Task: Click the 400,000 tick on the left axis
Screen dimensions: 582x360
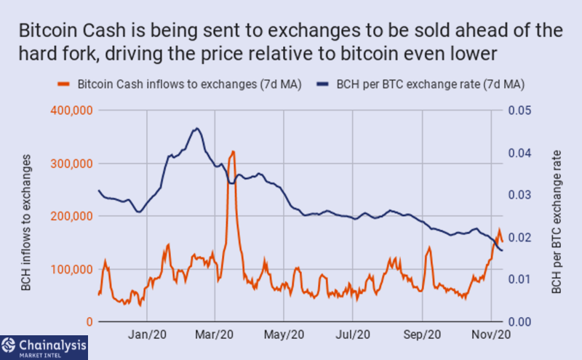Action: (x=71, y=111)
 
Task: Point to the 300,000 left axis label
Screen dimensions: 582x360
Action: (x=71, y=164)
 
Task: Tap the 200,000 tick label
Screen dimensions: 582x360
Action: (x=71, y=216)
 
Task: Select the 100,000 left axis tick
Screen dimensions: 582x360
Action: (x=71, y=269)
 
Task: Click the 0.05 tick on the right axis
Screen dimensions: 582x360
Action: (x=519, y=111)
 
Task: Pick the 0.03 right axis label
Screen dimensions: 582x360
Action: (x=519, y=195)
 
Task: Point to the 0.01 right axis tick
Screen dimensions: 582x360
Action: (x=519, y=279)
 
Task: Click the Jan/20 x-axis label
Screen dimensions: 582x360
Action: (x=147, y=335)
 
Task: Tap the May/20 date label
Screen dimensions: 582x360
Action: (x=284, y=335)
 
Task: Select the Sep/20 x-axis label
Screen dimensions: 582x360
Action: (x=422, y=335)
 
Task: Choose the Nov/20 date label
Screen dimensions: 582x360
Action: (x=491, y=335)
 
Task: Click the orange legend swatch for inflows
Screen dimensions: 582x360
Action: (x=63, y=84)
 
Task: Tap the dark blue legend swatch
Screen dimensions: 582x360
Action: (x=322, y=84)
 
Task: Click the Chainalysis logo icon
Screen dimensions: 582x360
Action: (x=8, y=345)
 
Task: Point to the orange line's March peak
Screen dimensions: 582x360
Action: (x=233, y=151)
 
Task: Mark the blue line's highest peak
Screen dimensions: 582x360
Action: (x=196, y=129)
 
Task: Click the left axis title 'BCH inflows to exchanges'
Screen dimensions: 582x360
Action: (x=25, y=223)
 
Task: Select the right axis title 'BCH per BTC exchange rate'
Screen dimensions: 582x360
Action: (x=557, y=222)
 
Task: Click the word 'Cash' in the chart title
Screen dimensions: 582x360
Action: (x=104, y=31)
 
